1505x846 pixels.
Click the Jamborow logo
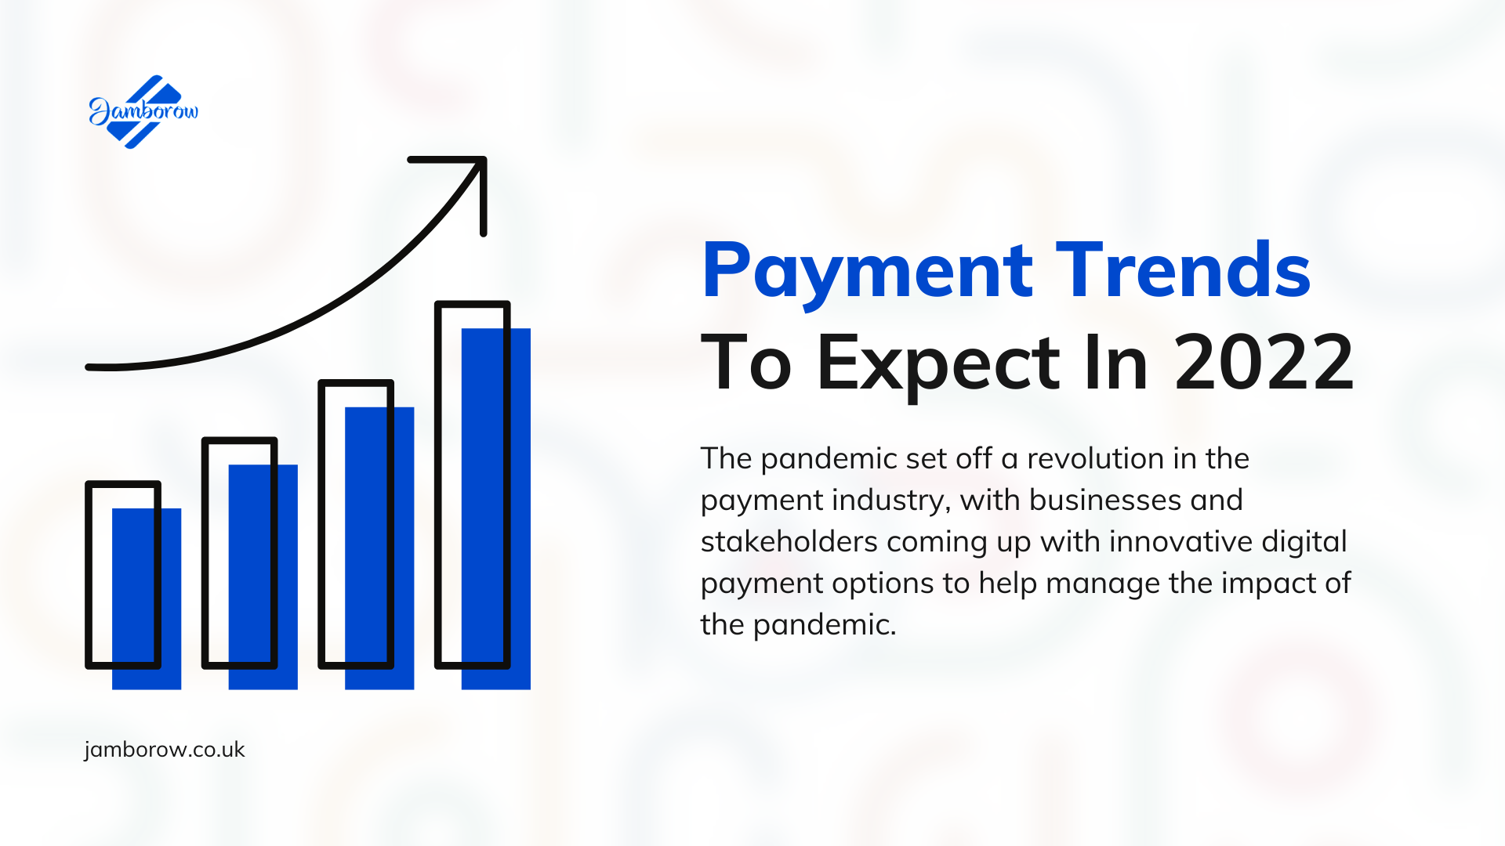coord(143,112)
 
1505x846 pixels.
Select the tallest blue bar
coord(496,508)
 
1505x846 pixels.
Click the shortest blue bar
coord(147,599)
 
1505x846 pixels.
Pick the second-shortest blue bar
coord(263,577)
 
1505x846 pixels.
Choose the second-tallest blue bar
coord(379,548)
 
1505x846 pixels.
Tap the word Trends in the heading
coord(1183,269)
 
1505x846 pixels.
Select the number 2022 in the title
coord(1264,362)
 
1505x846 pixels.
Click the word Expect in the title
coord(939,365)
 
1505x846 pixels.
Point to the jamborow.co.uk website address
coord(165,750)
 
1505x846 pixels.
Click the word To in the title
coord(745,362)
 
